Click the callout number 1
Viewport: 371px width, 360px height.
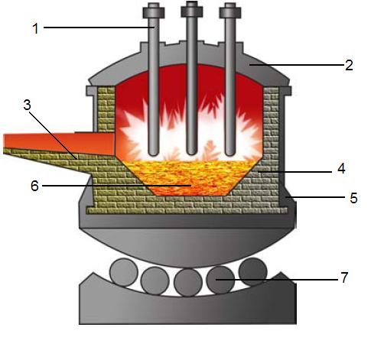pyautogui.click(x=36, y=28)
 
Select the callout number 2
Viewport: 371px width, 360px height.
pyautogui.click(x=349, y=65)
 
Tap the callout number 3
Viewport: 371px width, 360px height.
pyautogui.click(x=27, y=105)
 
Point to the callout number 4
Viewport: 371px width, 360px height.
pyautogui.click(x=341, y=168)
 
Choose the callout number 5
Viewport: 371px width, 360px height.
pyautogui.click(x=353, y=198)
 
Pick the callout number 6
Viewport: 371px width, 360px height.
pyautogui.click(x=34, y=186)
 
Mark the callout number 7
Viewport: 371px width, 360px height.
pyautogui.click(x=344, y=277)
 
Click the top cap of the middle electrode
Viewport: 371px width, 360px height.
pyautogui.click(x=192, y=9)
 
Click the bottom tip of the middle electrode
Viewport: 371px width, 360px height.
pyautogui.click(x=192, y=153)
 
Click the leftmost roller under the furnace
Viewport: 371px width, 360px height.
pyautogui.click(x=124, y=272)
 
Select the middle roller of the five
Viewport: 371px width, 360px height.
pyautogui.click(x=188, y=282)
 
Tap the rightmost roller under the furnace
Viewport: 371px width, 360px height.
pyautogui.click(x=253, y=271)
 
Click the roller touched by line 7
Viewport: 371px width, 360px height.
pyautogui.click(x=220, y=280)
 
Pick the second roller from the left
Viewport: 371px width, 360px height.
pyautogui.click(x=155, y=281)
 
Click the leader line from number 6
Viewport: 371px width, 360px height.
pyautogui.click(x=117, y=186)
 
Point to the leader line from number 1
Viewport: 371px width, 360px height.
pyautogui.click(x=99, y=28)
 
